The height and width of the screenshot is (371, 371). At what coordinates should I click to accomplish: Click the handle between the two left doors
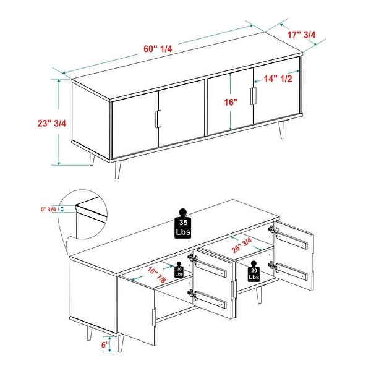[158, 119]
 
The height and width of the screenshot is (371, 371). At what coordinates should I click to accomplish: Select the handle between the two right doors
[252, 96]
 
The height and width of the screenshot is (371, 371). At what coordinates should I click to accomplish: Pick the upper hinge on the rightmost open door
[272, 230]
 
